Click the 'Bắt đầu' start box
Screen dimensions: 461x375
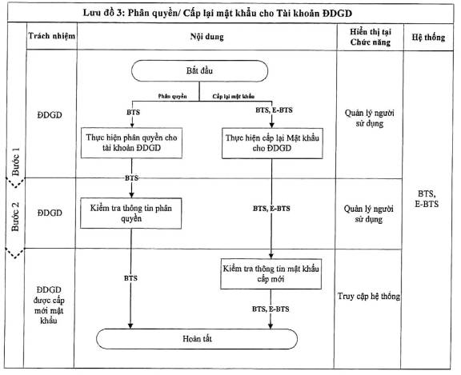pyautogui.click(x=199, y=71)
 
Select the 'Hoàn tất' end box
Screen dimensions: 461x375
pyautogui.click(x=197, y=338)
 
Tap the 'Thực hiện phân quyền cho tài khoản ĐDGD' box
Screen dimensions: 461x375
pyautogui.click(x=131, y=142)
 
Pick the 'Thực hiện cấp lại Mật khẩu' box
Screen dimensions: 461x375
pyautogui.click(x=272, y=143)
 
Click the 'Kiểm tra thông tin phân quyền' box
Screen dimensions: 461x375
pyautogui.click(x=130, y=213)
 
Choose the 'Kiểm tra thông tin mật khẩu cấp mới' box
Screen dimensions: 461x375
pyautogui.click(x=271, y=273)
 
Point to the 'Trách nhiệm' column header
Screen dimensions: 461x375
pyautogui.click(x=51, y=36)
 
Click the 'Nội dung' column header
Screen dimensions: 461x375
pyautogui.click(x=206, y=37)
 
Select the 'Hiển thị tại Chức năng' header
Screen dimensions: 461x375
pyautogui.click(x=370, y=37)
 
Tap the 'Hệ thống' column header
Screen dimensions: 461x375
pyautogui.click(x=428, y=38)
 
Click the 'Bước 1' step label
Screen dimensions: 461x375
pyautogui.click(x=15, y=162)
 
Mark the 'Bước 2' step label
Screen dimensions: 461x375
pyautogui.click(x=15, y=216)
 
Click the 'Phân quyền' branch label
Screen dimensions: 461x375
pyautogui.click(x=172, y=96)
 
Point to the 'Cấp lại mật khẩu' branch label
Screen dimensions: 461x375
pyautogui.click(x=234, y=96)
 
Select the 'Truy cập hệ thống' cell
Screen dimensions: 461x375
pyautogui.click(x=369, y=296)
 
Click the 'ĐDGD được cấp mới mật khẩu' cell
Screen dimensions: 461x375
pyautogui.click(x=49, y=305)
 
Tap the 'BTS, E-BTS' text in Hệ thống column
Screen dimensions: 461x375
pyautogui.click(x=427, y=199)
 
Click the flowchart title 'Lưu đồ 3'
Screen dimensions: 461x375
pyautogui.click(x=217, y=14)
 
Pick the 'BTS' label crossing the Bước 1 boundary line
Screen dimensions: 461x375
pyautogui.click(x=131, y=178)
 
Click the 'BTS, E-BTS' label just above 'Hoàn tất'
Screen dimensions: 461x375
pyautogui.click(x=271, y=309)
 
